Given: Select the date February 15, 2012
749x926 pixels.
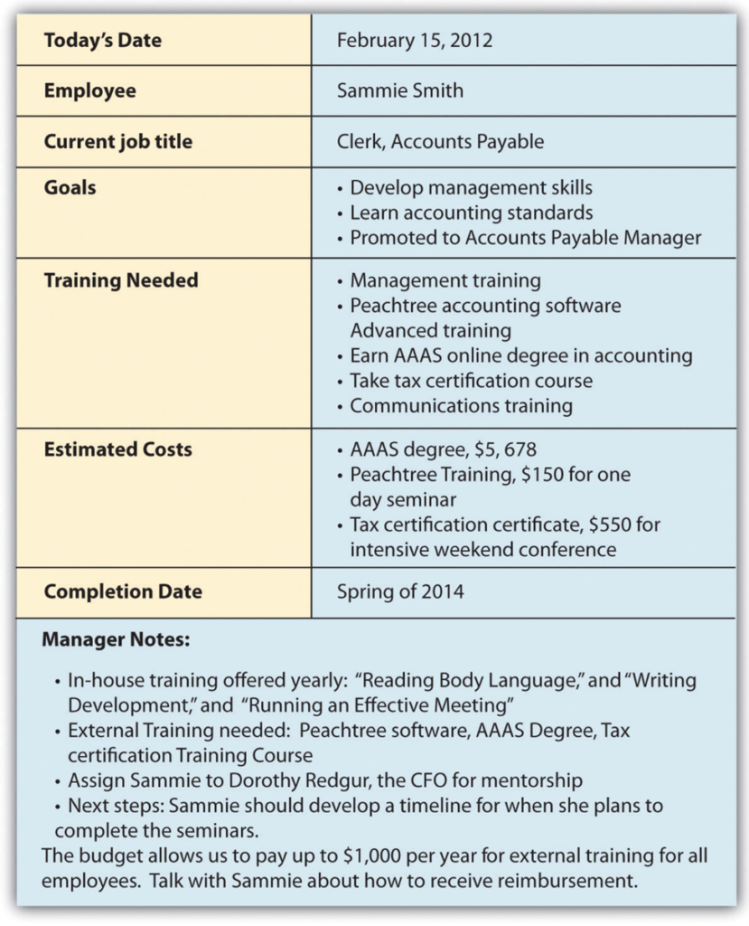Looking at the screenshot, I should [415, 41].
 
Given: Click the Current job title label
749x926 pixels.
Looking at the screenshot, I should [117, 141].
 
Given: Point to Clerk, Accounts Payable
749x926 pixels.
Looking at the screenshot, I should [440, 141].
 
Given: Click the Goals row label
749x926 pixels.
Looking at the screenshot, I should [70, 187].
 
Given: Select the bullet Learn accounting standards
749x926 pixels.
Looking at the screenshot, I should [471, 213].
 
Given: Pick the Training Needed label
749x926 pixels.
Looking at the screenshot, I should [120, 280].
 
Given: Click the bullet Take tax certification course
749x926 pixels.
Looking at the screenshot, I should [471, 381].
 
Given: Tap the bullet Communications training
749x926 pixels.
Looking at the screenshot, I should [461, 405].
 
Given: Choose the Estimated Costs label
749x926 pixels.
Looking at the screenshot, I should [117, 449].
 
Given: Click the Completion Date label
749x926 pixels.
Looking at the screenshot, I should [123, 592].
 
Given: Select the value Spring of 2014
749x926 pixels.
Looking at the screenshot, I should [400, 592].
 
